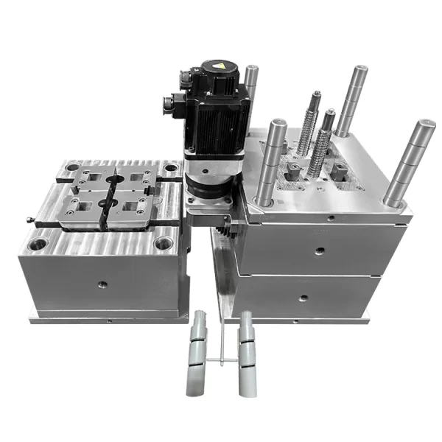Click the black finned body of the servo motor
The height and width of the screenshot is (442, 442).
coord(217,122)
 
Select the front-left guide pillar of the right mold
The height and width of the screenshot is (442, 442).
coord(270,162)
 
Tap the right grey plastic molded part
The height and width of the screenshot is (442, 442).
coord(247,345)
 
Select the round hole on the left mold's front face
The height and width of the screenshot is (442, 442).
coord(100,284)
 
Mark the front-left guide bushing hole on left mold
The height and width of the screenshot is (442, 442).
coord(38,242)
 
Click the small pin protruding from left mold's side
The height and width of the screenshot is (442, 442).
coord(29,218)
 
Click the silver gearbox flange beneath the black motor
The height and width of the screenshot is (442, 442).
coord(209,184)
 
